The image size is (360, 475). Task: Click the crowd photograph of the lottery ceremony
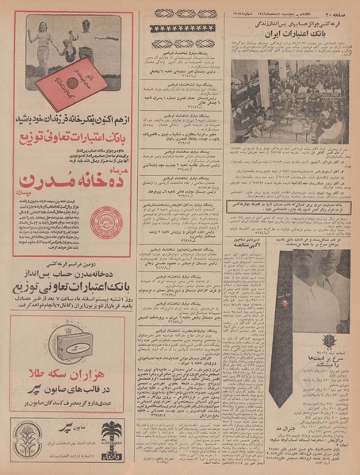tap(290, 102)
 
